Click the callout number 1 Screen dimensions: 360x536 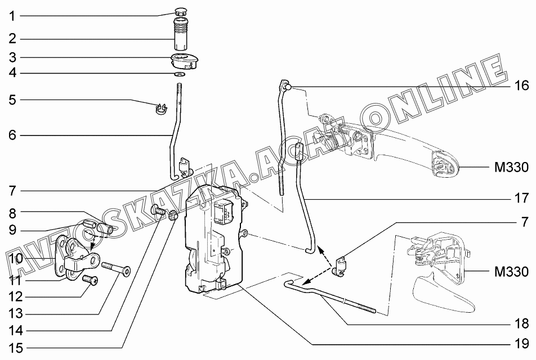12,16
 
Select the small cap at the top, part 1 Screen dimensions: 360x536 181,11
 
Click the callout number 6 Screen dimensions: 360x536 12,135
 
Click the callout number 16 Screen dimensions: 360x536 521,85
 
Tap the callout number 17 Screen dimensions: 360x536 521,198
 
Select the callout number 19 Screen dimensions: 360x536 521,343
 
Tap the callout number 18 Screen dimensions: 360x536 521,323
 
